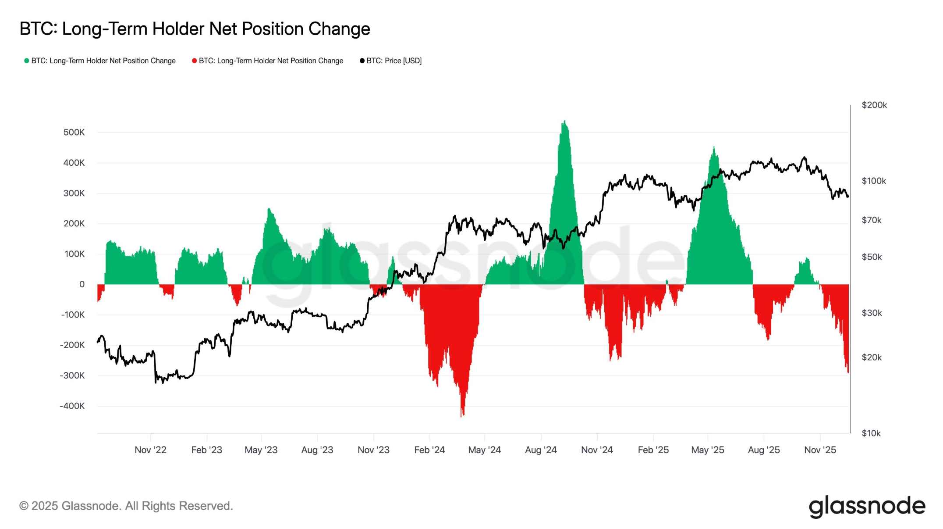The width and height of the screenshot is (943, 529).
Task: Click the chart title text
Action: (x=195, y=29)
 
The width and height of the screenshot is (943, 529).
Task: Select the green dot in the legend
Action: (x=27, y=61)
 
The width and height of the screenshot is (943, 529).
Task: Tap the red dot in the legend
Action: (x=194, y=61)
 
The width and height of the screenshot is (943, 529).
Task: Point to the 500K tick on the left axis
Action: (x=74, y=132)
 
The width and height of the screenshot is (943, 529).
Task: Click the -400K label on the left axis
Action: (x=72, y=406)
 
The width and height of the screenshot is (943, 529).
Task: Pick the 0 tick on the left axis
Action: (x=82, y=284)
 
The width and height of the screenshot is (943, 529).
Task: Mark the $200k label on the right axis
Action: (x=874, y=105)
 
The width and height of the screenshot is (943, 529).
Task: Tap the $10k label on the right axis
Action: (x=872, y=433)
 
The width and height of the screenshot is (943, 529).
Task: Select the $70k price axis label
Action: (x=872, y=220)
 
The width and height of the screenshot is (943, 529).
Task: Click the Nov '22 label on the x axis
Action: (x=150, y=450)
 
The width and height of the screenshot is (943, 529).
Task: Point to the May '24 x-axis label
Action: (x=484, y=450)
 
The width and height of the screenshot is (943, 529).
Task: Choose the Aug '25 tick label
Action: (x=764, y=450)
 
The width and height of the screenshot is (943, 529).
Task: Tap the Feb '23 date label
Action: (x=206, y=450)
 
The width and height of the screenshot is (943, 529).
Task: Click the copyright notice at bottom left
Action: (x=126, y=506)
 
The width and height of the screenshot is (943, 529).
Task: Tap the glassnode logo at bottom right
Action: (x=867, y=506)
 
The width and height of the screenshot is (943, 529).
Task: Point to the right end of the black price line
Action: (x=848, y=196)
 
